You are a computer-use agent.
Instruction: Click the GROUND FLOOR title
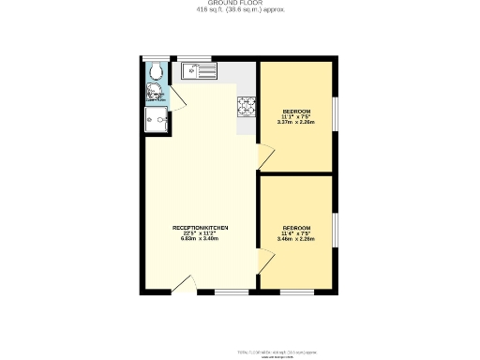pyautogui.click(x=240, y=4)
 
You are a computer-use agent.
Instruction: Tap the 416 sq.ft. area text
pyautogui.click(x=240, y=10)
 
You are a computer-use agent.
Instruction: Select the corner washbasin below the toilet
pyautogui.click(x=151, y=93)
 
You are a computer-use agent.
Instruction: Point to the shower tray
pyautogui.click(x=155, y=121)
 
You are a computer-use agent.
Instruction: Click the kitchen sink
pyautogui.click(x=201, y=68)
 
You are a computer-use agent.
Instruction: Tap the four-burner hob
pyautogui.click(x=247, y=108)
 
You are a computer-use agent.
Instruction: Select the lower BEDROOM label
pyautogui.click(x=295, y=229)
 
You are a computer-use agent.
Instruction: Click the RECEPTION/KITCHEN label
pyautogui.click(x=200, y=229)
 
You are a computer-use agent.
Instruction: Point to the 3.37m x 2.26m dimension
pyautogui.click(x=295, y=122)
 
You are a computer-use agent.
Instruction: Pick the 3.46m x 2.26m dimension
pyautogui.click(x=295, y=239)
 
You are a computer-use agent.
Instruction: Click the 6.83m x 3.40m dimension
pyautogui.click(x=200, y=239)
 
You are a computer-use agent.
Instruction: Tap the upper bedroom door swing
pyautogui.click(x=267, y=156)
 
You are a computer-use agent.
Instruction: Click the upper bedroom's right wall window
pyautogui.click(x=335, y=116)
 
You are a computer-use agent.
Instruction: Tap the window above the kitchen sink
pyautogui.click(x=202, y=59)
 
